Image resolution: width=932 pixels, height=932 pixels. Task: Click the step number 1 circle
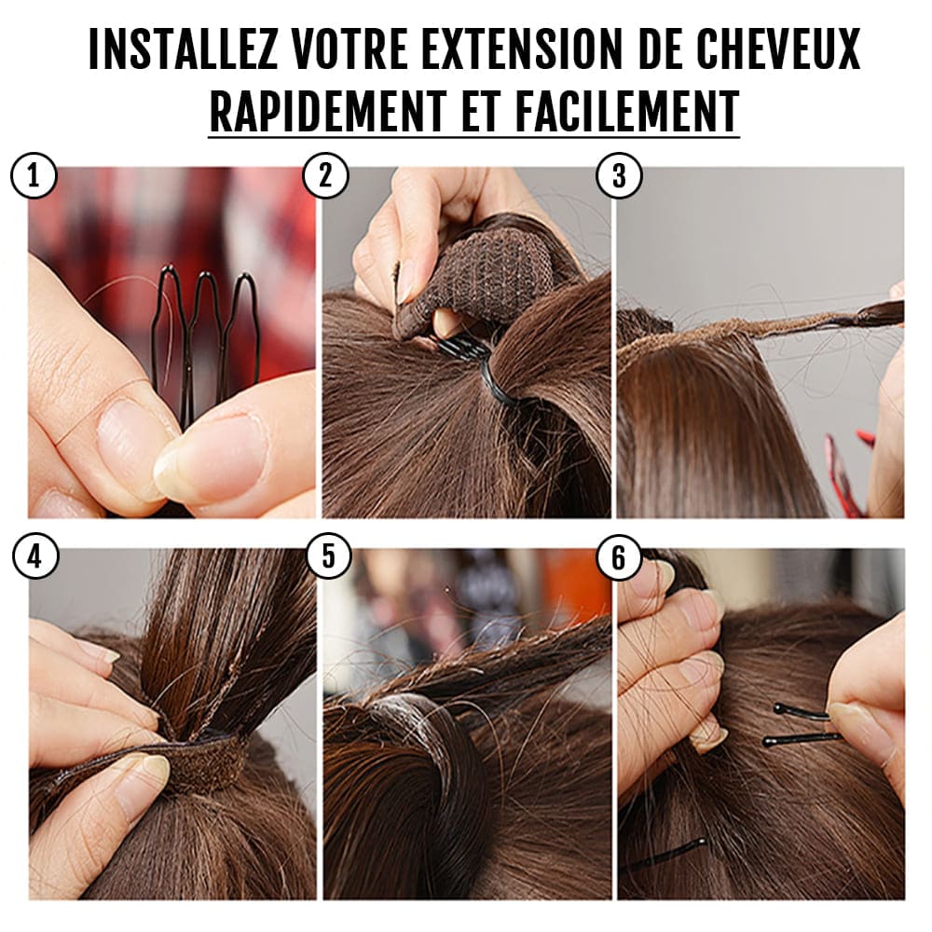click(x=34, y=176)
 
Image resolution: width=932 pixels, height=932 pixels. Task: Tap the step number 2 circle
click(x=326, y=176)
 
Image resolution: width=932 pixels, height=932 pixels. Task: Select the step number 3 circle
click(x=619, y=176)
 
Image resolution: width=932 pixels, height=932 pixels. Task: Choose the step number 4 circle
click(x=34, y=557)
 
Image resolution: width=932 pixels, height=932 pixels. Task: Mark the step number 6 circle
click(x=619, y=557)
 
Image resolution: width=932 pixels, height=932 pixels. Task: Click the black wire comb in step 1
click(x=206, y=336)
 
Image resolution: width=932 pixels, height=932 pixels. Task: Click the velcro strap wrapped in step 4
click(x=196, y=760)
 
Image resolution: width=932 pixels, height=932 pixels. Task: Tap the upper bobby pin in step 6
click(x=802, y=713)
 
